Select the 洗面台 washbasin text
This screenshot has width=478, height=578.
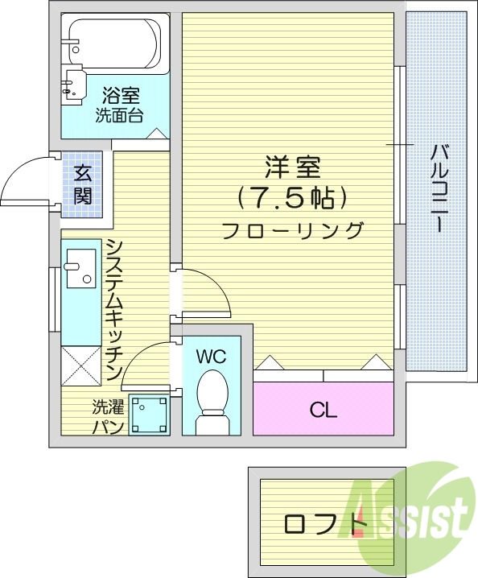coord(119,115)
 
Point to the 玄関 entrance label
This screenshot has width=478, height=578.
coord(84,184)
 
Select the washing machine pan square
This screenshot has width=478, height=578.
coord(148,415)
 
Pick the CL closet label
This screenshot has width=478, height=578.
coord(323,411)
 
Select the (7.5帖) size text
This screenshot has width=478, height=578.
coord(292,197)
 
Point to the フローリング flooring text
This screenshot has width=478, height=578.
coord(292,230)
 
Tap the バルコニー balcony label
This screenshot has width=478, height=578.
coord(439,188)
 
